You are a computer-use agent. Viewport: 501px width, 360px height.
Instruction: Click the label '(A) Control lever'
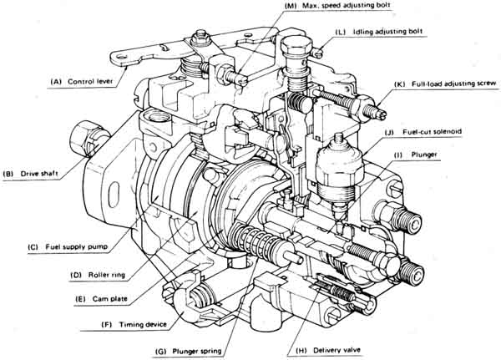84,82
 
